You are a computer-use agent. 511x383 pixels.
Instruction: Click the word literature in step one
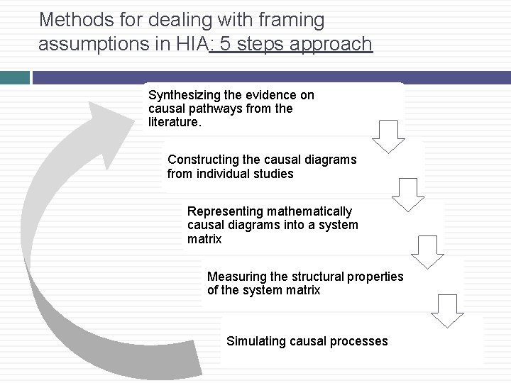[174, 123]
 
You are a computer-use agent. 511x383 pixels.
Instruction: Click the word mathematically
[310, 211]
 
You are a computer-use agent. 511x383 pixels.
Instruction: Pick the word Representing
[224, 211]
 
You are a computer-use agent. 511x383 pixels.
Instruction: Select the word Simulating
[255, 341]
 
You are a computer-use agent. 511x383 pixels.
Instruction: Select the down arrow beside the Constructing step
[408, 194]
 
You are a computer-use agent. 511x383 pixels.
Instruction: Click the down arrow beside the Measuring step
[448, 311]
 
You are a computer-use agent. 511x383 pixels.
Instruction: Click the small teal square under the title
[14, 77]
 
